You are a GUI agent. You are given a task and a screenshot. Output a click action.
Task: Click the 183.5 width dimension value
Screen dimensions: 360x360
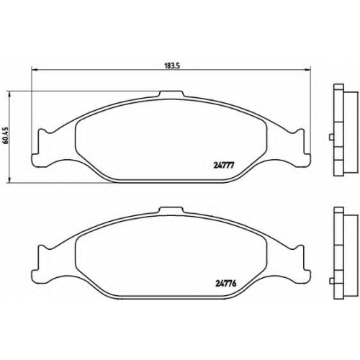(x=172, y=66)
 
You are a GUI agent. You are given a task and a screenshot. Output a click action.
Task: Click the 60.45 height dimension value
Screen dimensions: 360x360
(x=6, y=135)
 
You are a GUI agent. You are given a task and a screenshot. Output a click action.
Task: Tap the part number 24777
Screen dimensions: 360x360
(x=223, y=166)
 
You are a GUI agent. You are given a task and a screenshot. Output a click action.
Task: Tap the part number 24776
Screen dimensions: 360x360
(x=226, y=283)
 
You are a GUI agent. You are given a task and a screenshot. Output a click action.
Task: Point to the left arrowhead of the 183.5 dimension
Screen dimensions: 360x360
(x=35, y=70)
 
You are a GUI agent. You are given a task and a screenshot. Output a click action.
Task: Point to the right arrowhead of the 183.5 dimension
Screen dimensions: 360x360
(x=307, y=70)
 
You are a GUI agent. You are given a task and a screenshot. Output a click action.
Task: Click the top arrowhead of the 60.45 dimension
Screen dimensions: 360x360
(x=9, y=94)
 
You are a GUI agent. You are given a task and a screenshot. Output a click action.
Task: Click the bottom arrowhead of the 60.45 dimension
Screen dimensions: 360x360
(x=9, y=180)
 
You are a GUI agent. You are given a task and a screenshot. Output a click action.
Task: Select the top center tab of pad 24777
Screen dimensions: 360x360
(x=172, y=94)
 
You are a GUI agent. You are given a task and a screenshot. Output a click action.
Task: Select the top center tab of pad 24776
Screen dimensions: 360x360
(x=172, y=210)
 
